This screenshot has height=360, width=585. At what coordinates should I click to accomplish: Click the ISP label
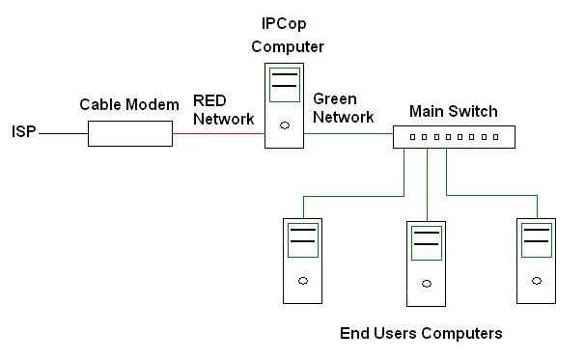coord(23,131)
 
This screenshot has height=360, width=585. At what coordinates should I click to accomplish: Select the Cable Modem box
coord(130,133)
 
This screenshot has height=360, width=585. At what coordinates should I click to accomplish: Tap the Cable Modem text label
coord(129,104)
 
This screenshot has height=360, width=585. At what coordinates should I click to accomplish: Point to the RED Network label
coord(223,109)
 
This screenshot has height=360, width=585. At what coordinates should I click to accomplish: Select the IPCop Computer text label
coord(288,34)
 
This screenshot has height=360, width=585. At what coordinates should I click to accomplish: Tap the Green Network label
coord(343,107)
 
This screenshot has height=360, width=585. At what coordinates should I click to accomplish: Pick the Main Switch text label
coord(453,111)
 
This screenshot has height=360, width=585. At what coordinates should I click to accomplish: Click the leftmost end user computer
coord(302,258)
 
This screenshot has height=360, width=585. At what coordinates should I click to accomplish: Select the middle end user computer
coord(425,260)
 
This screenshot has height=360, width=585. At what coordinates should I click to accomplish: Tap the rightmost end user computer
coord(537,258)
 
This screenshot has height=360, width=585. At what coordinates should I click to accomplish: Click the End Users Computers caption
coord(421,334)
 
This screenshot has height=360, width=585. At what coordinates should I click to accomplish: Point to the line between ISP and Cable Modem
coord(64,133)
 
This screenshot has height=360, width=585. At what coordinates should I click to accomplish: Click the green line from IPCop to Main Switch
coord(348,133)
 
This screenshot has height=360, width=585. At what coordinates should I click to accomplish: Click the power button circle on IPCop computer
coord(283,125)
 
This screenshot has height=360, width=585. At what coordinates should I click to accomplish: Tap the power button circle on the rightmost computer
coord(537,279)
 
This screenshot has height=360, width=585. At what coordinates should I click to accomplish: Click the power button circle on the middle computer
coord(425,282)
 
